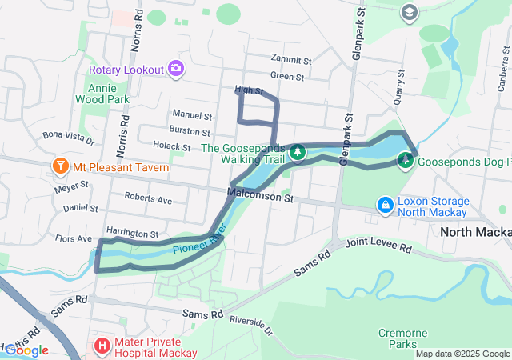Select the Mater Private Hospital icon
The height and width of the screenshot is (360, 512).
pos(102,346)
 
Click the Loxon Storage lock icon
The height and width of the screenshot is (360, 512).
pos(386,206)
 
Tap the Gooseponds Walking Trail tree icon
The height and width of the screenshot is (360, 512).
pos(297,151)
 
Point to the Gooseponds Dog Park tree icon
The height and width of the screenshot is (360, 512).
pos(406,161)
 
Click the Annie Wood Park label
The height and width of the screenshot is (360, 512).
pos(102,94)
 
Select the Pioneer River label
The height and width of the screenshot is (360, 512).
pos(200,246)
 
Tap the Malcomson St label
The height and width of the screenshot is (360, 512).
pos(261,194)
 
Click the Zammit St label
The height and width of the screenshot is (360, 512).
pos(290,60)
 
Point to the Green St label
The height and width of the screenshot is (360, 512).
pos(287,77)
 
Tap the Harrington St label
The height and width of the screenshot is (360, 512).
pos(132,233)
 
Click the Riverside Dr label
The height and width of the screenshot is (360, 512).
pos(250,326)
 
